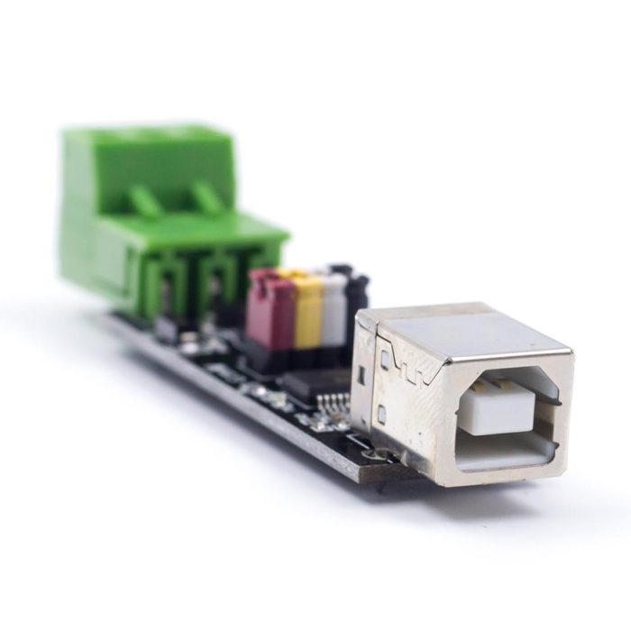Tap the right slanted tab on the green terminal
(x=210, y=197)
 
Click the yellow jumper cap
(x=308, y=311)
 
